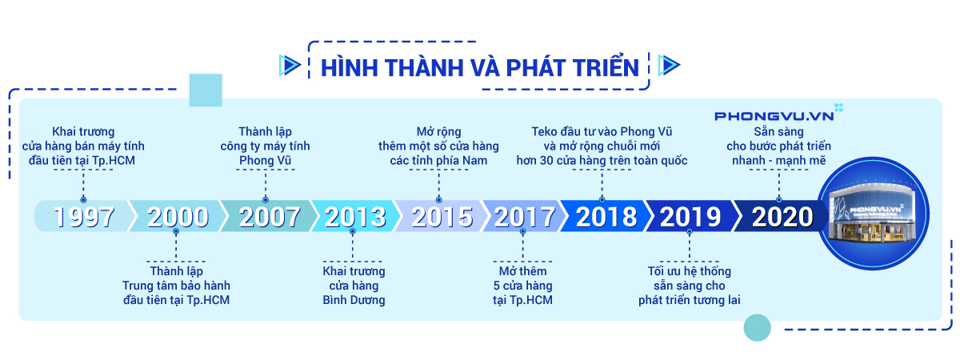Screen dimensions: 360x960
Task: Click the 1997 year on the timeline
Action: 85,217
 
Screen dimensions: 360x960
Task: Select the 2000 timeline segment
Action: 178,217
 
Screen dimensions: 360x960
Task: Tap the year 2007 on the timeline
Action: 270,217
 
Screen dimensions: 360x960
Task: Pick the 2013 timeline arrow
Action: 355,217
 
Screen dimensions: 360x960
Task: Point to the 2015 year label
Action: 442,217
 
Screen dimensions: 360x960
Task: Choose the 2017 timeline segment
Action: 523,217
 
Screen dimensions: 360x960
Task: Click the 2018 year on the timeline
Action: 606,217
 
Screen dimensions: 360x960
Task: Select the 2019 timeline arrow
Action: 690,217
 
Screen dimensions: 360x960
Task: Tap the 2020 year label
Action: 782,217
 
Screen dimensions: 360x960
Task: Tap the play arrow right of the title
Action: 668,66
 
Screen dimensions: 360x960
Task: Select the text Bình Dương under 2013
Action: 354,300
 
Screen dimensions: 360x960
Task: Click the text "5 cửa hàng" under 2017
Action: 523,286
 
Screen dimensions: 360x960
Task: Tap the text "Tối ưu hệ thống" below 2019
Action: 689,271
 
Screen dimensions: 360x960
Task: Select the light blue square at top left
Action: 206,90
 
